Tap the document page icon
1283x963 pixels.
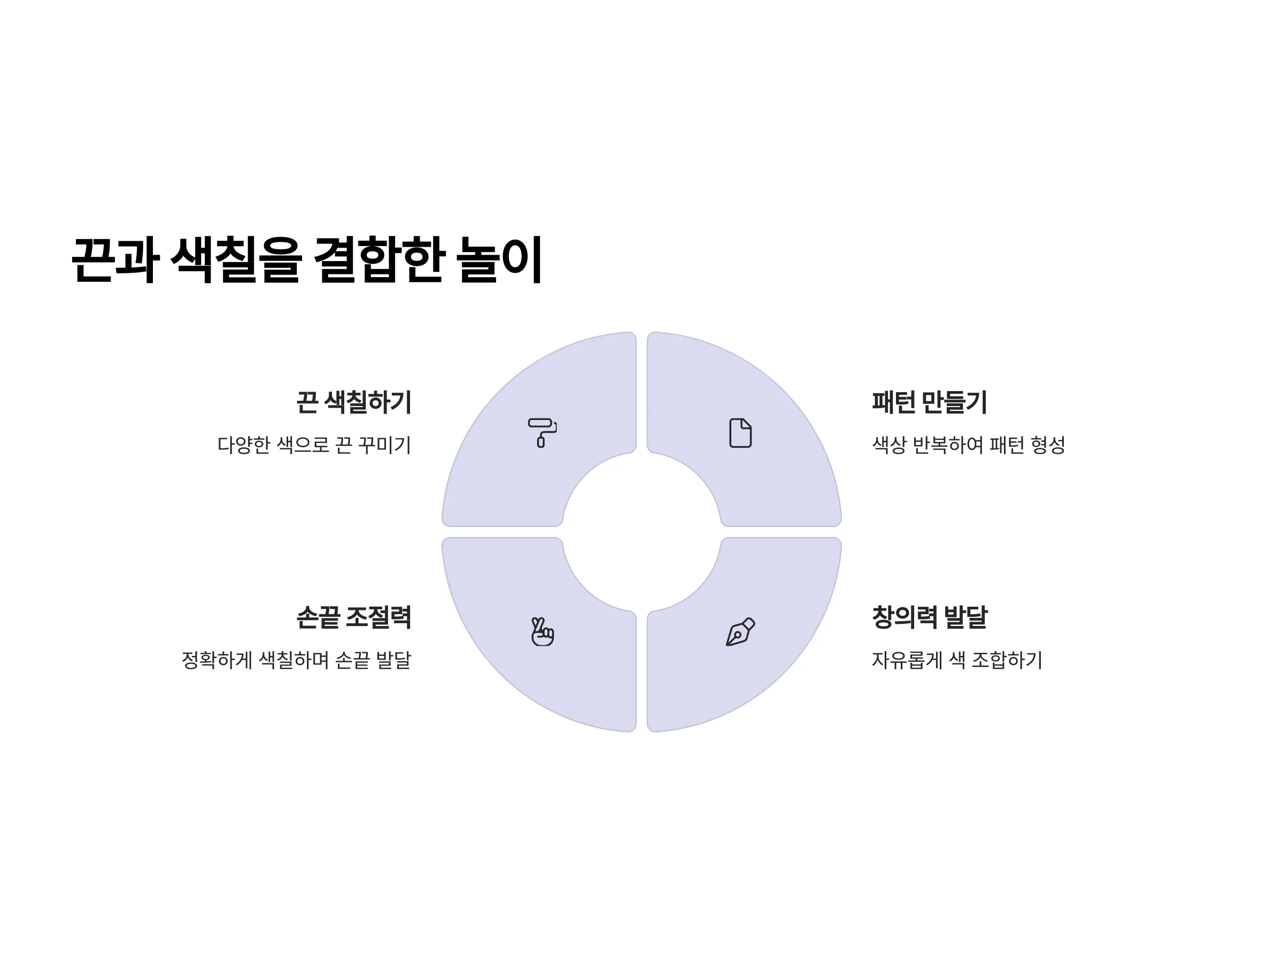740,433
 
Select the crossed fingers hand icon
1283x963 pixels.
542,631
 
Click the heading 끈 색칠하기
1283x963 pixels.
354,402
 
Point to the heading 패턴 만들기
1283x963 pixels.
929,402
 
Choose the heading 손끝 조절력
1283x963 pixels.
354,617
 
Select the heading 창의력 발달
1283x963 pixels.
929,617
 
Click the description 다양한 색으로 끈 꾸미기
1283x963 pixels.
314,445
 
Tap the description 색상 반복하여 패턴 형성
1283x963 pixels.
969,445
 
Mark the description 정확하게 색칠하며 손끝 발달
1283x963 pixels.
296,660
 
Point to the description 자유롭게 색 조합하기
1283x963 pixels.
957,660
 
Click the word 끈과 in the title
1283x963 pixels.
115,259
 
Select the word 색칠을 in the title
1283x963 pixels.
236,259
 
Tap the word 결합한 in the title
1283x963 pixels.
380,259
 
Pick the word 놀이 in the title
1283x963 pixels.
499,259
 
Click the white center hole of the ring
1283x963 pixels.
641,532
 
